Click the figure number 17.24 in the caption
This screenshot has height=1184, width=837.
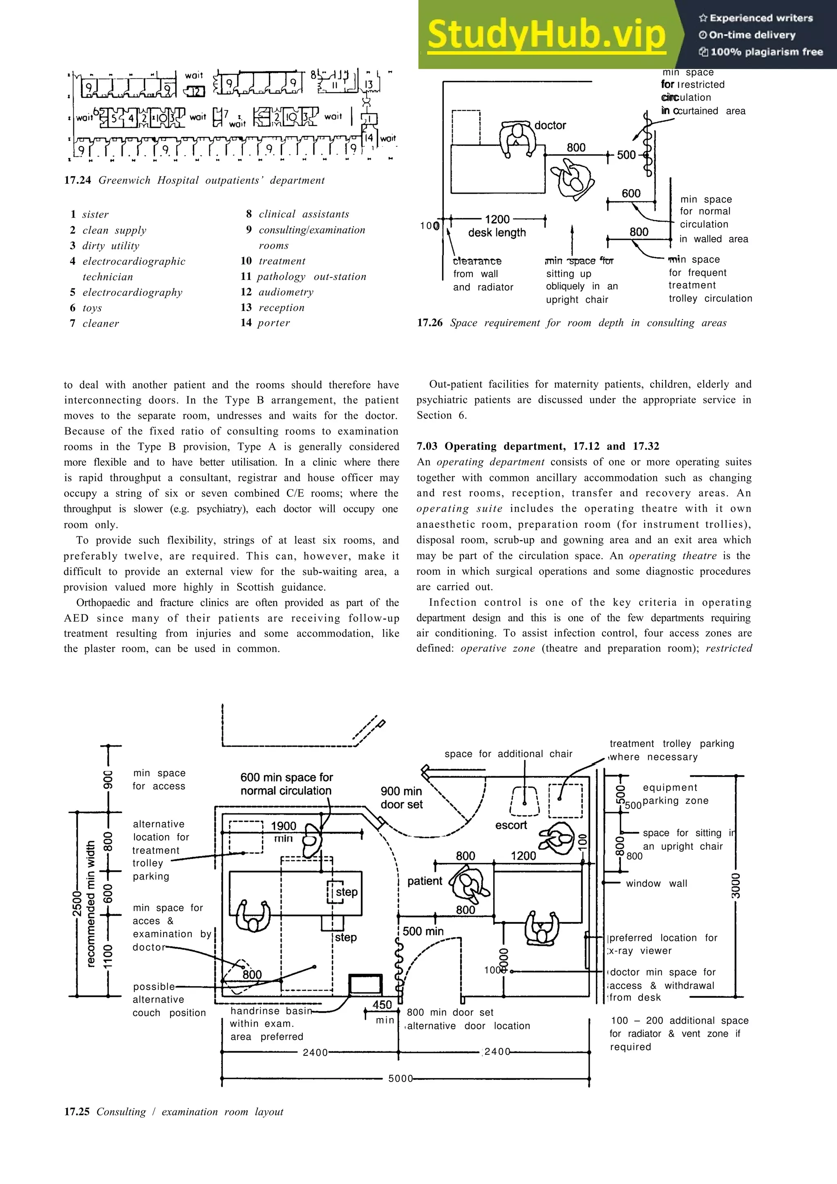coord(77,181)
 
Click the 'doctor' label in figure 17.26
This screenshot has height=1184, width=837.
coord(550,125)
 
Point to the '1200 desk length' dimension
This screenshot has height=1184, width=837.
coord(497,226)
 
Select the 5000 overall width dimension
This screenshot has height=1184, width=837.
coord(400,1078)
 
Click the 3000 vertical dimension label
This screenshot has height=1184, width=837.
coord(736,885)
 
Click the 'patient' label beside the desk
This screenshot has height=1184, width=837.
coord(425,881)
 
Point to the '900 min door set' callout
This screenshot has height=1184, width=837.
coord(401,798)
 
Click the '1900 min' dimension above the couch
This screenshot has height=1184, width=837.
coord(283,832)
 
